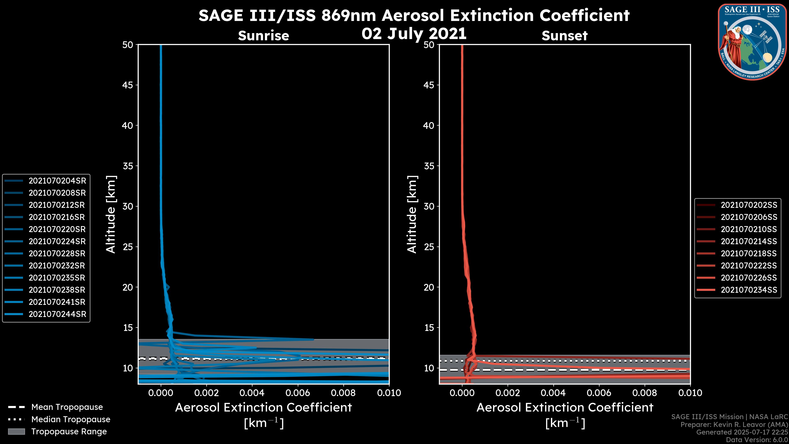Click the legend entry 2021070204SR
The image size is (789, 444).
tap(57, 181)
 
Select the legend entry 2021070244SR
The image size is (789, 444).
tap(57, 314)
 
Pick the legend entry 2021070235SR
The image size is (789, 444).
tap(57, 278)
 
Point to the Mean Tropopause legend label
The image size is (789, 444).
tap(67, 407)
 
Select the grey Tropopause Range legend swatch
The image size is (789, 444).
tap(16, 431)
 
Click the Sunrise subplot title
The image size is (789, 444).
tap(263, 36)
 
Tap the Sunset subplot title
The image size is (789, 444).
tap(564, 36)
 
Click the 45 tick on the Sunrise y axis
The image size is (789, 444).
tap(128, 85)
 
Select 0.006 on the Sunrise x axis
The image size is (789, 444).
tap(297, 393)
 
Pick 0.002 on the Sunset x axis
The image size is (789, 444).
tap(507, 393)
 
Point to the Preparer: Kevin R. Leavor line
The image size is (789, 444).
tap(734, 424)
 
